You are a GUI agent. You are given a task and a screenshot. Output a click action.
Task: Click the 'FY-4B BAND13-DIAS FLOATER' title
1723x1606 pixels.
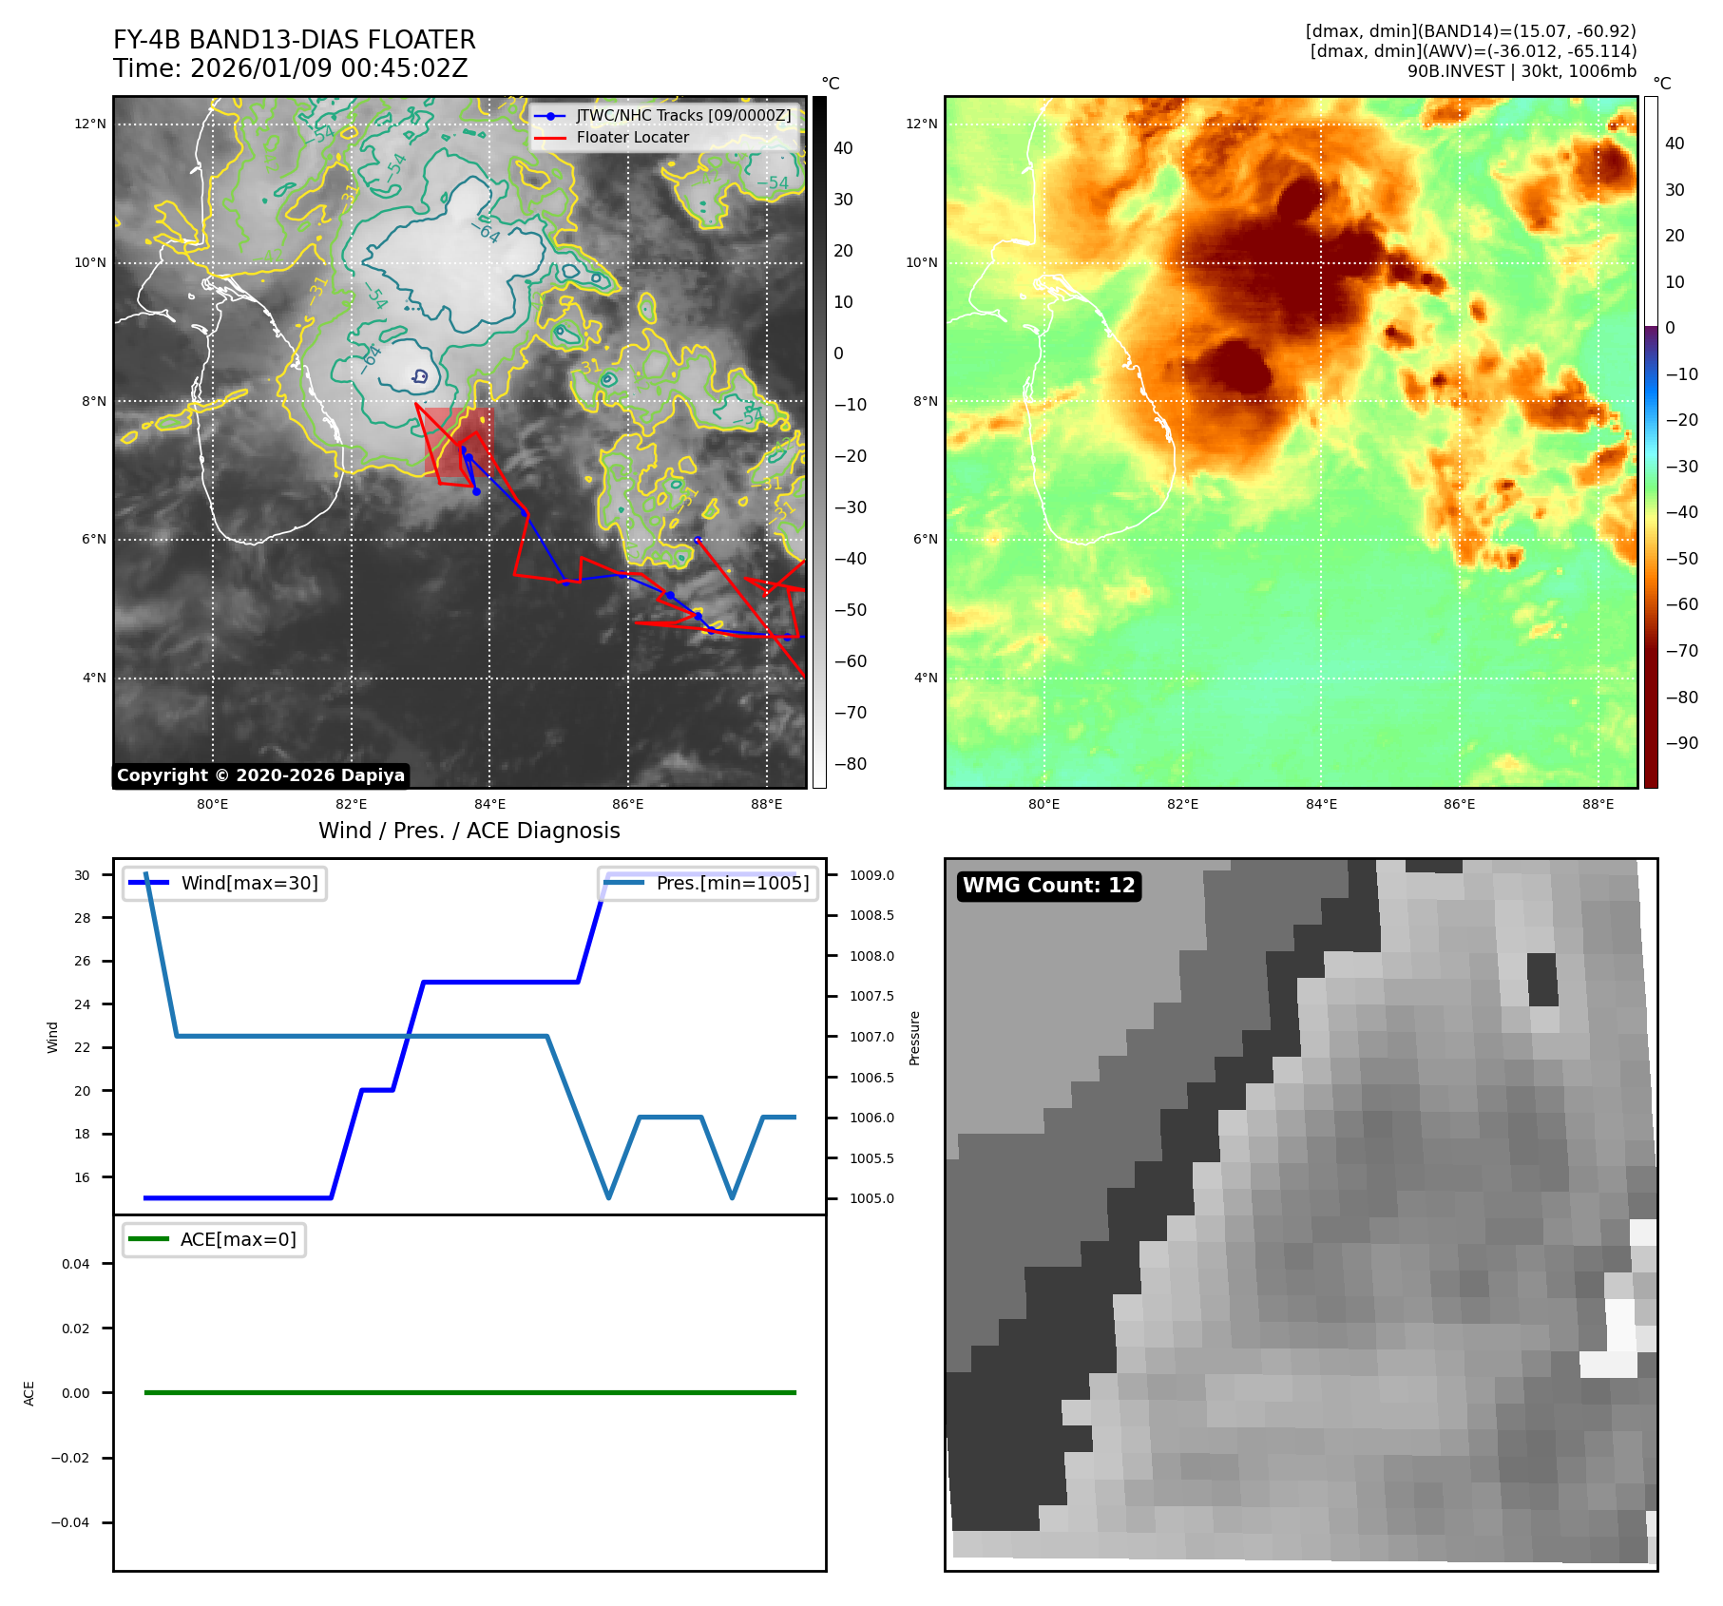click(294, 40)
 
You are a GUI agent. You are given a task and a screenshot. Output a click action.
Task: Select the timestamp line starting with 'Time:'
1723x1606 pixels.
click(290, 68)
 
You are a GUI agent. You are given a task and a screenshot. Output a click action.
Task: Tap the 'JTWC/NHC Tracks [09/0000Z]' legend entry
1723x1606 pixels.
click(682, 115)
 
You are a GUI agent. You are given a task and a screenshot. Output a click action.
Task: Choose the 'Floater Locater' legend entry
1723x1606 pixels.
click(632, 137)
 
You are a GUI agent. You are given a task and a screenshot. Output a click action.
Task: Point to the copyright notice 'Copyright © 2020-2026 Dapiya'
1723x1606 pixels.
click(260, 775)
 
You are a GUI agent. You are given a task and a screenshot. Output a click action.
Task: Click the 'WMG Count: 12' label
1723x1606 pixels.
click(1048, 886)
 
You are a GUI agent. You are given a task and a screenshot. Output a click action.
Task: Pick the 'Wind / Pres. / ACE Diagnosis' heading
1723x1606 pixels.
click(469, 831)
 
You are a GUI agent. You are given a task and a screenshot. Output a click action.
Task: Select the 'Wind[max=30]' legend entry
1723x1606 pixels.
click(249, 883)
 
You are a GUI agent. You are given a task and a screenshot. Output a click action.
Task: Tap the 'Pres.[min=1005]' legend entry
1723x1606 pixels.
click(732, 883)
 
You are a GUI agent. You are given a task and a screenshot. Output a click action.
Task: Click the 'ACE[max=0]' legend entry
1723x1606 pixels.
click(238, 1239)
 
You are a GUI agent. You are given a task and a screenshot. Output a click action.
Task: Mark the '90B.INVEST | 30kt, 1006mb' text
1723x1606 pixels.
click(1522, 71)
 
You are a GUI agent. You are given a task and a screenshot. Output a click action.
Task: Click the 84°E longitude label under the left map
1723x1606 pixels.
click(489, 804)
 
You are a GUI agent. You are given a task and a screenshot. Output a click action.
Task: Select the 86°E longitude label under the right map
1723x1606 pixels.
click(1459, 804)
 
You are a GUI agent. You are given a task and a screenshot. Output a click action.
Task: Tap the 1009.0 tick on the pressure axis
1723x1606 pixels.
click(871, 875)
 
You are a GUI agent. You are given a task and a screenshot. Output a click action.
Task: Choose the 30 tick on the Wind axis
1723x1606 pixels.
click(83, 875)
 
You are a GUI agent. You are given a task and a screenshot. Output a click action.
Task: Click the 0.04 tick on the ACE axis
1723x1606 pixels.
click(76, 1264)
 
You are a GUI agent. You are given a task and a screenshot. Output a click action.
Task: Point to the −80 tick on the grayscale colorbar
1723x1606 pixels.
click(850, 764)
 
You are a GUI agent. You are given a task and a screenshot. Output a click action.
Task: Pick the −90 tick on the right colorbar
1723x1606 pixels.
click(1681, 743)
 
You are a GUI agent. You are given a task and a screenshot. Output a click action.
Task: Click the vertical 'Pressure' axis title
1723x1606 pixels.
click(914, 1038)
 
